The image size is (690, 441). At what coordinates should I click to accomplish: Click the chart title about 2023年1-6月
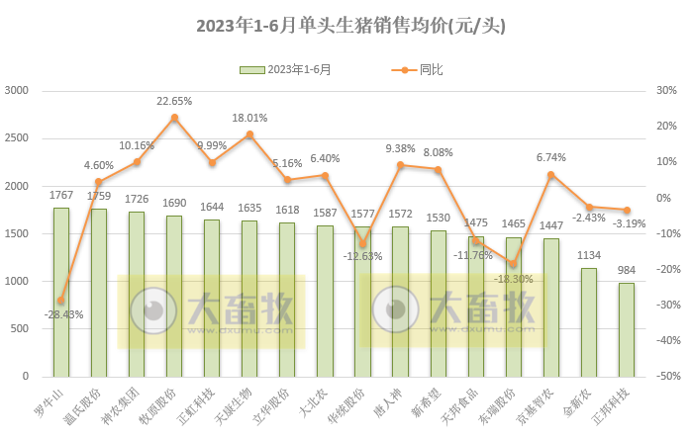click(x=345, y=26)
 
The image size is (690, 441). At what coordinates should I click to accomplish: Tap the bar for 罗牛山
click(x=61, y=292)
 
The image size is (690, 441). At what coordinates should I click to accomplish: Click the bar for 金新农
click(x=588, y=322)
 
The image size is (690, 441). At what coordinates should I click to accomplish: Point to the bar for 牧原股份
click(x=174, y=296)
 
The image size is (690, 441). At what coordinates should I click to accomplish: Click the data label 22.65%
click(x=174, y=101)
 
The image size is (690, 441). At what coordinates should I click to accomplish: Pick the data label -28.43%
click(x=63, y=314)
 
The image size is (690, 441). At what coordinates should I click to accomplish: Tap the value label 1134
click(x=588, y=257)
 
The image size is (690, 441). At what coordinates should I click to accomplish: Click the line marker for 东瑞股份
click(x=513, y=263)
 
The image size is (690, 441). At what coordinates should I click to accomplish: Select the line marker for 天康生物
click(x=249, y=134)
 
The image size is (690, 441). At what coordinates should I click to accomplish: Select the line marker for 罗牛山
click(x=61, y=300)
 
